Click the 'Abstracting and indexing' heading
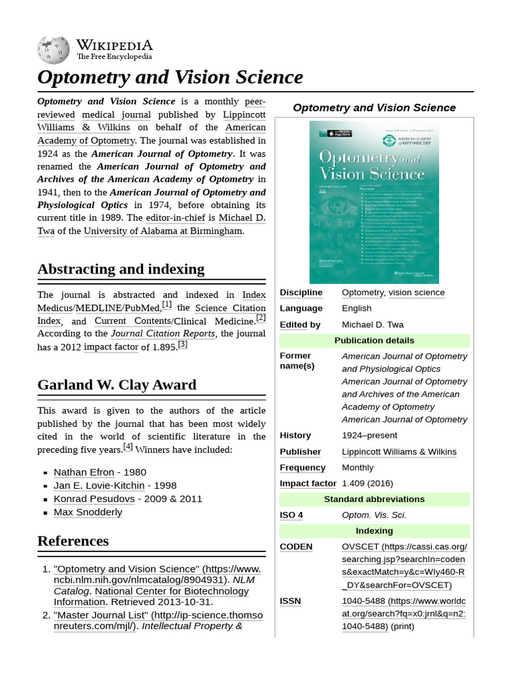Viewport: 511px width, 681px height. (121, 269)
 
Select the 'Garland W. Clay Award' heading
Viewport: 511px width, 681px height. (117, 385)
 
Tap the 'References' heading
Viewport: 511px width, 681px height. (73, 541)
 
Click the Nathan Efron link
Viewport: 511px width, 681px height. (84, 472)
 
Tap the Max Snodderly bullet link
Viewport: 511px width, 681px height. (88, 512)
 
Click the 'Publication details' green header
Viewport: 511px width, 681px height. (374, 340)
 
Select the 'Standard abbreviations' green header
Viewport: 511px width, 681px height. (374, 499)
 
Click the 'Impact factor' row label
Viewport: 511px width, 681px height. (308, 483)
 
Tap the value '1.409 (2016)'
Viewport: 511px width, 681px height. (367, 483)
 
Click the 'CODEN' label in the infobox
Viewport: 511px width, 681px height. (296, 547)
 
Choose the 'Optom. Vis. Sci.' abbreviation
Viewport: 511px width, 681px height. (374, 515)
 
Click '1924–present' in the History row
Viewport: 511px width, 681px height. (369, 436)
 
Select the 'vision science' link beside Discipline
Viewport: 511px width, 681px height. (417, 293)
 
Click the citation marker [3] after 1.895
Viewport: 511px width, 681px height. (183, 344)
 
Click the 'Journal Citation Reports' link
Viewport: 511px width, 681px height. (163, 333)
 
